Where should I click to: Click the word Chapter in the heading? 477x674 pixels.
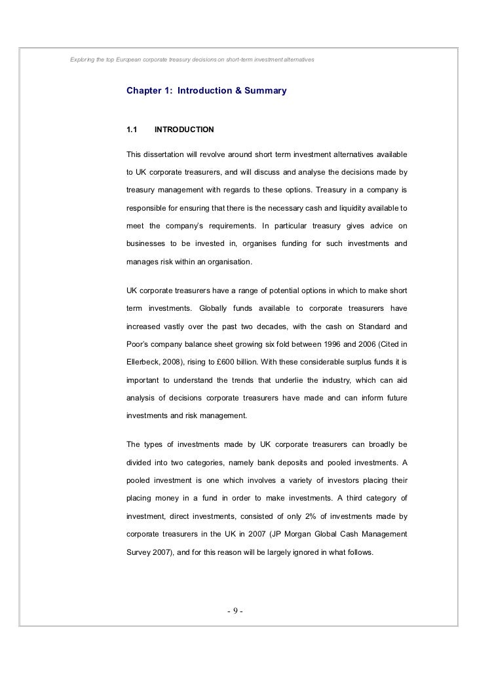click(x=144, y=90)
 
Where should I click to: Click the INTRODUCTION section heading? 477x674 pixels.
click(x=183, y=130)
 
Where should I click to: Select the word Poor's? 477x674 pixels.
click(x=140, y=344)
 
